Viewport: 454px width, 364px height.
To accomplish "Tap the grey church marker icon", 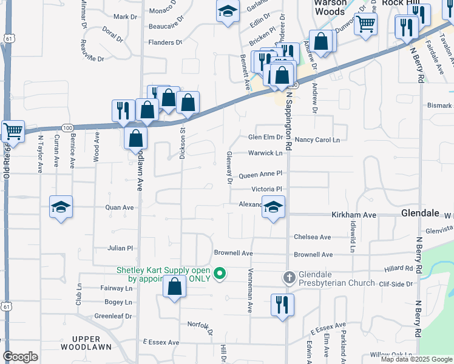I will click(289, 278).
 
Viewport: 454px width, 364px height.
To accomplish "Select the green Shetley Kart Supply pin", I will click(221, 274).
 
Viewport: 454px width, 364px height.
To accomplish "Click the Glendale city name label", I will click(420, 214).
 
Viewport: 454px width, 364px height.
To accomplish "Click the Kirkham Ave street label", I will click(354, 215).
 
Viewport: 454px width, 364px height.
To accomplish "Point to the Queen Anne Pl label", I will click(260, 175).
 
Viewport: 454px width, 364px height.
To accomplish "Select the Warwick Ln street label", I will click(265, 153).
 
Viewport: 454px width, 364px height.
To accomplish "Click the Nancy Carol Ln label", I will click(317, 140).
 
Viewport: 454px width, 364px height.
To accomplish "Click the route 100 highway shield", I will click(67, 127).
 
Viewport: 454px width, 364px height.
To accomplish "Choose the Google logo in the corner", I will click(21, 357).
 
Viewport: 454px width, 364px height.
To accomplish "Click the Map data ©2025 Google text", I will click(416, 359).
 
